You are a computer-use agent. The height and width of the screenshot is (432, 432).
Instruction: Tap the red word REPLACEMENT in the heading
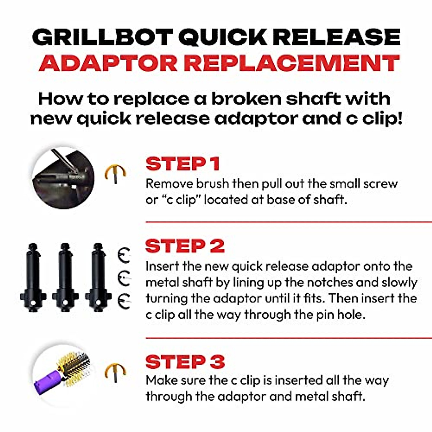(x=292, y=63)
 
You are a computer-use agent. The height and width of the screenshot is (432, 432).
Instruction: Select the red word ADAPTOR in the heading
(x=108, y=63)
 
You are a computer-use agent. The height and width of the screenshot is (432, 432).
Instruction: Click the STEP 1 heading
(x=183, y=164)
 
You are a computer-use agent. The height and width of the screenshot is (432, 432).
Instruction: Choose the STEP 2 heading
(x=185, y=246)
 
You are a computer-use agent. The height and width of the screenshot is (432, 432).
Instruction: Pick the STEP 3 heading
(x=185, y=362)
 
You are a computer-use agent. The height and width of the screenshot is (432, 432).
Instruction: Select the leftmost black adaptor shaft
(x=33, y=277)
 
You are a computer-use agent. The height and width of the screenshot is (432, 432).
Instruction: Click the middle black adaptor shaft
(x=65, y=277)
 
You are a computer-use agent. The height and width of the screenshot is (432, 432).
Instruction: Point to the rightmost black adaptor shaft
(x=97, y=277)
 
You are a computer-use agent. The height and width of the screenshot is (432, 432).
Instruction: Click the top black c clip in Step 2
(x=124, y=256)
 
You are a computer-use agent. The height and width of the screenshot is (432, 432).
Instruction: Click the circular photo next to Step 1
(x=63, y=179)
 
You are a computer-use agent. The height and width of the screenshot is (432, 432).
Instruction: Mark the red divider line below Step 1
(x=288, y=222)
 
